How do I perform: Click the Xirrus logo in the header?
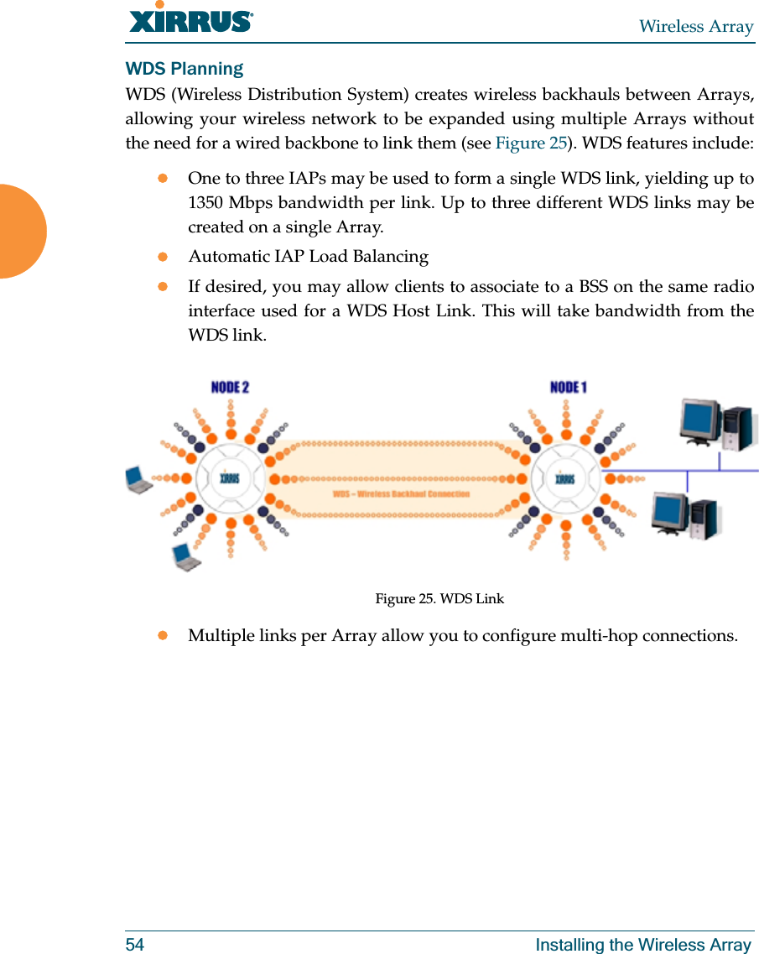191,18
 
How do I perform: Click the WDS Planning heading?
185,68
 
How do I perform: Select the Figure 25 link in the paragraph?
531,142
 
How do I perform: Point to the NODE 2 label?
230,387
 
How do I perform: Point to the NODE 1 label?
568,387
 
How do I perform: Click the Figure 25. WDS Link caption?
439,598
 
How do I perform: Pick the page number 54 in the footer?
135,945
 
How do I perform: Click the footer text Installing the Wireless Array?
643,945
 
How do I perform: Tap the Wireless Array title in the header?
696,27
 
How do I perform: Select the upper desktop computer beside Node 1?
718,425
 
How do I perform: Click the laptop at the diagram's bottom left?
186,557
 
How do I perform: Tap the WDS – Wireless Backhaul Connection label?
401,493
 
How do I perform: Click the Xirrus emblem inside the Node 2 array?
229,478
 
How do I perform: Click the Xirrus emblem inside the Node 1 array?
565,478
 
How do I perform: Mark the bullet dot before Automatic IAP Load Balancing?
164,256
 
